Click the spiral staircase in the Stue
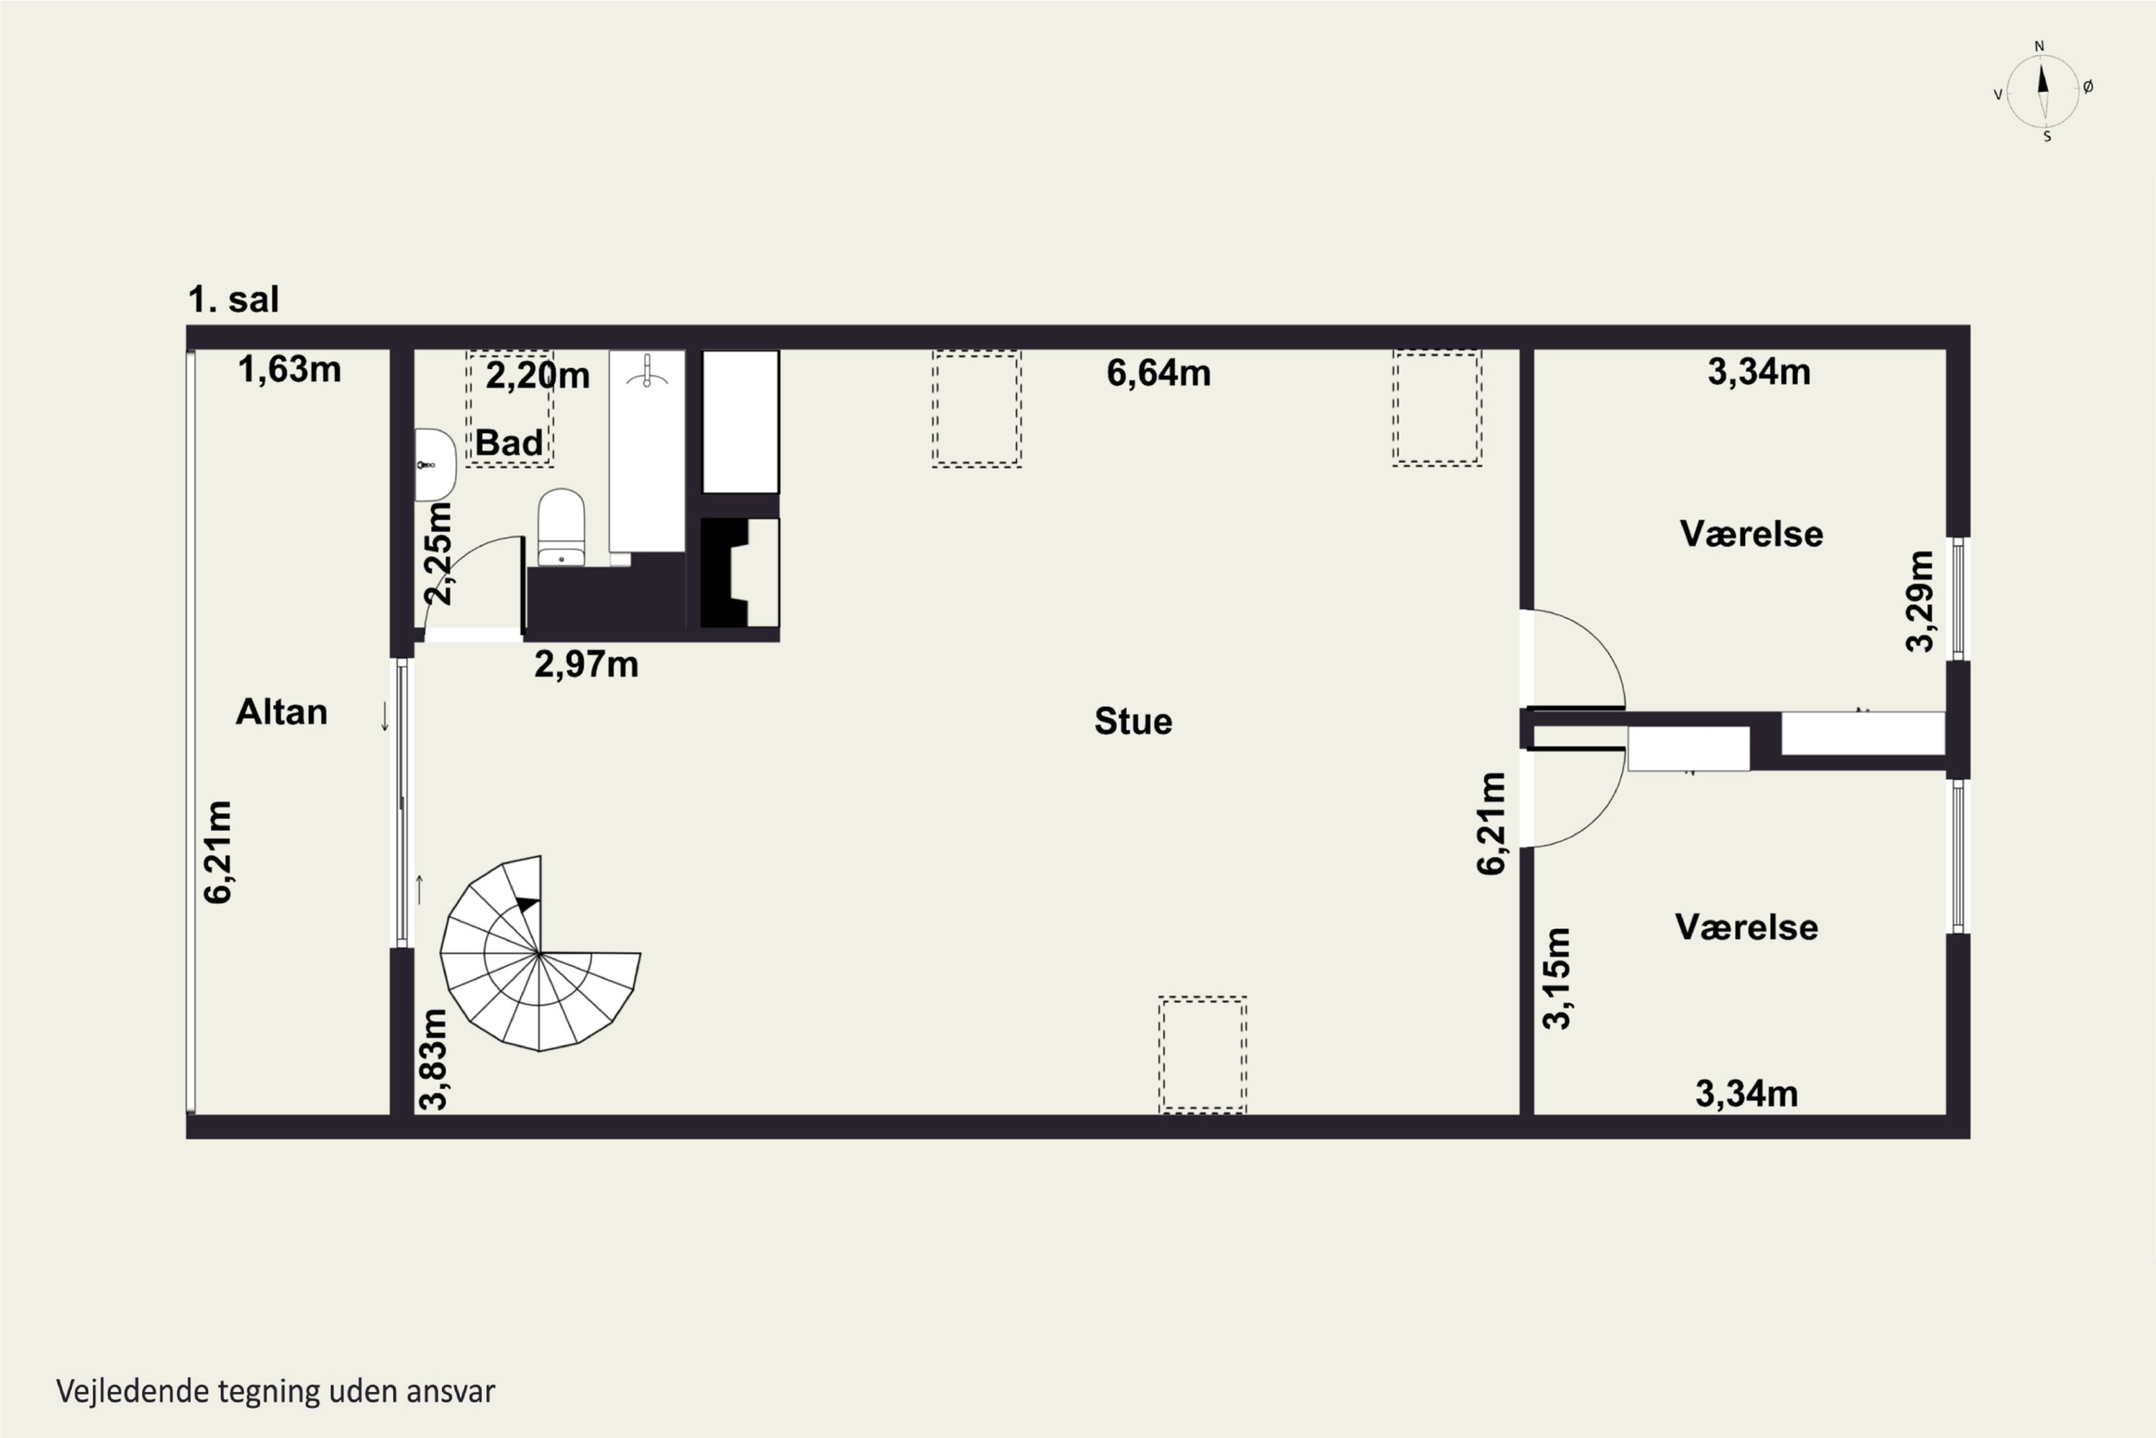pos(540,954)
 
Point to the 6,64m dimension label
pos(1158,373)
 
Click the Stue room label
pos(1133,722)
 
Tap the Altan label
pos(282,712)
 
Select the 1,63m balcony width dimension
pos(290,370)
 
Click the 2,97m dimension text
pos(586,664)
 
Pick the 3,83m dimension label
pos(433,1059)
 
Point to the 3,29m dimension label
pos(1920,602)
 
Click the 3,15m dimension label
pos(1557,979)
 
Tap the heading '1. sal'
pos(233,300)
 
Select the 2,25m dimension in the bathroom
pos(438,553)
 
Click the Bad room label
pos(509,443)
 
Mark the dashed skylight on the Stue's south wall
pos(1202,1055)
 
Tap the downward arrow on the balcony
pos(385,716)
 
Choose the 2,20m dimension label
pos(537,375)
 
